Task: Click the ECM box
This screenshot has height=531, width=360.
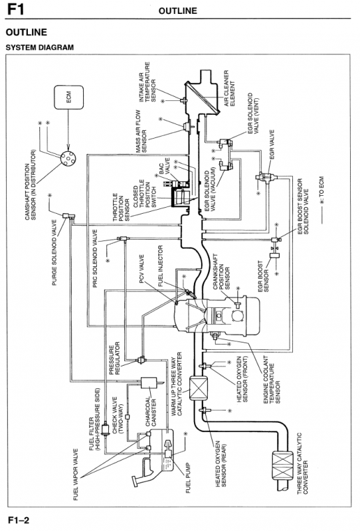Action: pos(68,97)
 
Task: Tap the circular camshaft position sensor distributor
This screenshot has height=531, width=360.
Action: pos(68,158)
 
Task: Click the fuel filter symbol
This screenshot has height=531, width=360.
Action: pos(105,428)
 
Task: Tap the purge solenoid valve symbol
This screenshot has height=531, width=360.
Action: pos(68,215)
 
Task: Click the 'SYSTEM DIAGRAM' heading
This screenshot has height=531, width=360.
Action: pos(40,47)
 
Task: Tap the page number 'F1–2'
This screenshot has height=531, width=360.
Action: pos(19,520)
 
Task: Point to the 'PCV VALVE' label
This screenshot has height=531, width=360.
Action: pos(141,269)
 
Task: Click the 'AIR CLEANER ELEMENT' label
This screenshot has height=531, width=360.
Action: pos(230,88)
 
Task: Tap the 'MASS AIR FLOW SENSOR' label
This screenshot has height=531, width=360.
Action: pos(141,131)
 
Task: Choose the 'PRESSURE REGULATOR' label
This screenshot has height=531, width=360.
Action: pos(114,358)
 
